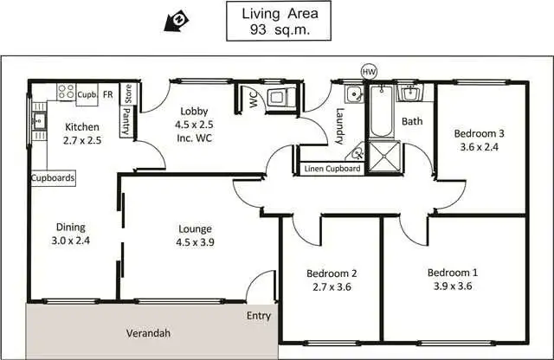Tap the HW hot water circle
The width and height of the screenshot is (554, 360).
[x=370, y=72]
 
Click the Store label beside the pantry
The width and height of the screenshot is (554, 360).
[x=127, y=93]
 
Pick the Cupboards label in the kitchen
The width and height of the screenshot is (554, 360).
[x=53, y=178]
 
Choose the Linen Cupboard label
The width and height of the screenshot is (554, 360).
[x=332, y=169]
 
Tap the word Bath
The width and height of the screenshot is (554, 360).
[x=412, y=121]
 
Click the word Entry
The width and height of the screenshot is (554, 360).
[x=259, y=316]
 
